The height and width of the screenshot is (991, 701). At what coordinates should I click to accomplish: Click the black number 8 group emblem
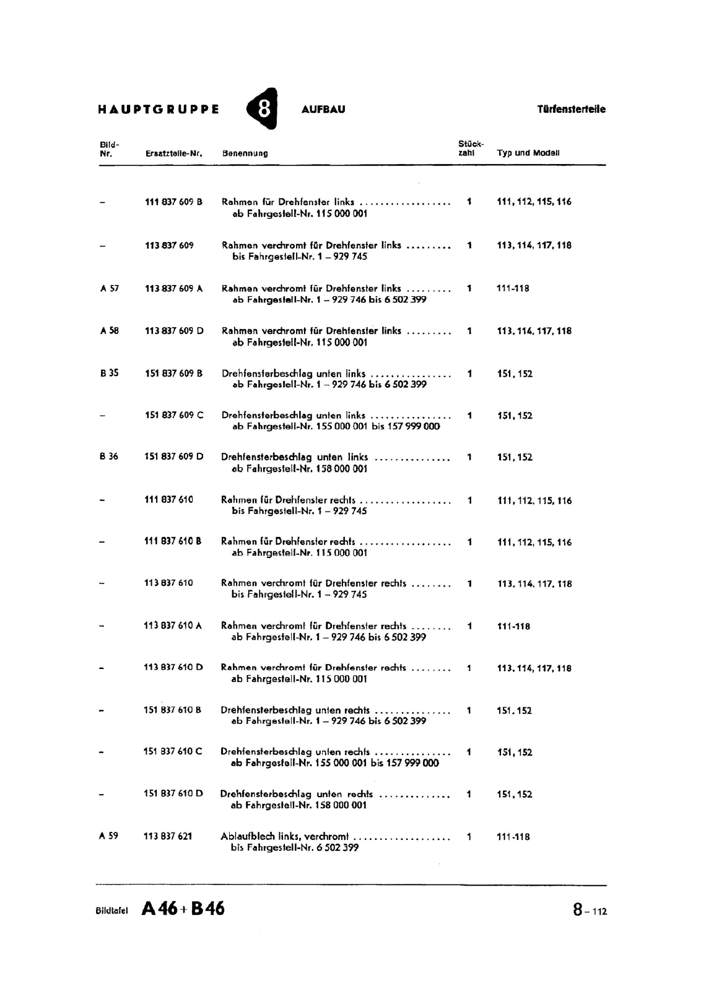click(263, 109)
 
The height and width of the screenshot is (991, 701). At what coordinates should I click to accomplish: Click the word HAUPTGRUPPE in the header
click(159, 110)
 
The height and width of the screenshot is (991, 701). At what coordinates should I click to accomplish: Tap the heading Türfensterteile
click(571, 110)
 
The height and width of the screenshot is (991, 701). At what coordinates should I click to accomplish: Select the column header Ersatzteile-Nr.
click(174, 153)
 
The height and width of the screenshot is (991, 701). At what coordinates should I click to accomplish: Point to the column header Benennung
click(245, 153)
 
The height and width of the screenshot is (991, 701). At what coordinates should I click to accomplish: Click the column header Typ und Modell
click(528, 153)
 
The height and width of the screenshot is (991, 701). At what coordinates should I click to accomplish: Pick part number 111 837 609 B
click(173, 202)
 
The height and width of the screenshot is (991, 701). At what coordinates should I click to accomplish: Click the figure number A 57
click(110, 289)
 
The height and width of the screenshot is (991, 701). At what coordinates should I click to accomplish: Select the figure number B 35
click(109, 373)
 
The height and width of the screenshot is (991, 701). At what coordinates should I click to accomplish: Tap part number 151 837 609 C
click(173, 416)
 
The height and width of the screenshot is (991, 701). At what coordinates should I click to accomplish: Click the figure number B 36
click(109, 457)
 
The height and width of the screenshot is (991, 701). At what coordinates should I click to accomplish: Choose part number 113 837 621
click(168, 836)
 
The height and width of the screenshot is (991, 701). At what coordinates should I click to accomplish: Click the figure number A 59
click(108, 836)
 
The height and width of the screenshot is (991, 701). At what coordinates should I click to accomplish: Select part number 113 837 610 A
click(173, 626)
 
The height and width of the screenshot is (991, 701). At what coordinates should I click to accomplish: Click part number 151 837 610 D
click(173, 794)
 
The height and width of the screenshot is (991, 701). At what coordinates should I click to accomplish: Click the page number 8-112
click(590, 910)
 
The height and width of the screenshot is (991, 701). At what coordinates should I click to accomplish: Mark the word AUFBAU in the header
click(323, 110)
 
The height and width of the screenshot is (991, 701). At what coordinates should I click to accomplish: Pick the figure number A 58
click(110, 331)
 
